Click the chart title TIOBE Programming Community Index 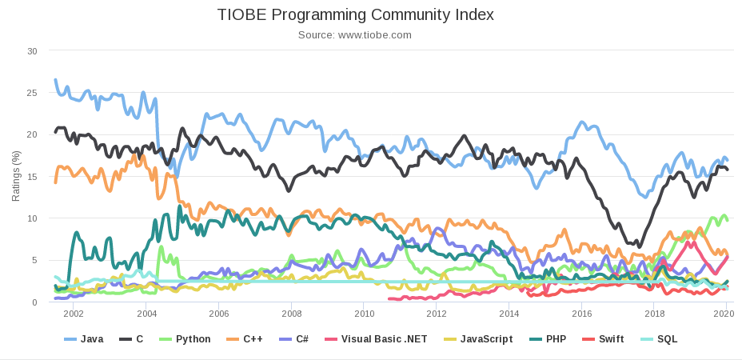pyautogui.click(x=355, y=15)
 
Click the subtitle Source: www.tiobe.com pyautogui.click(x=355, y=35)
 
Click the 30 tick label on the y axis pyautogui.click(x=32, y=51)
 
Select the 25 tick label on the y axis pyautogui.click(x=32, y=93)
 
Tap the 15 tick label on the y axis pyautogui.click(x=32, y=177)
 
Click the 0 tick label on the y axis pyautogui.click(x=34, y=302)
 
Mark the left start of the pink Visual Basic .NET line pyautogui.click(x=389, y=299)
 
